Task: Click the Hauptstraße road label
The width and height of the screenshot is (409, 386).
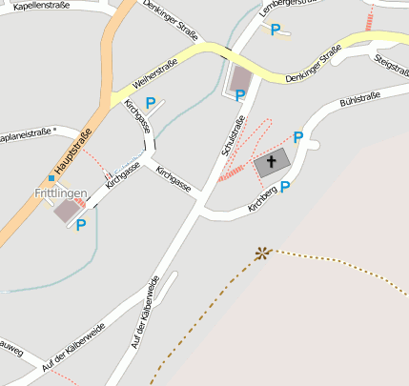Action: pyautogui.click(x=72, y=151)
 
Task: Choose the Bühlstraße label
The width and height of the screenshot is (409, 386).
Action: pyautogui.click(x=360, y=99)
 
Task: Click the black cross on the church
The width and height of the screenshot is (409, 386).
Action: pyautogui.click(x=271, y=162)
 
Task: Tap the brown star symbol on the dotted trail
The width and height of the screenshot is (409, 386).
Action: pyautogui.click(x=261, y=253)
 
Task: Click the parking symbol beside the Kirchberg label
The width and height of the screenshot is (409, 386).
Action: pyautogui.click(x=285, y=188)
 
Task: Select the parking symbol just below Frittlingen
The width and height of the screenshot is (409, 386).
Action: pyautogui.click(x=81, y=225)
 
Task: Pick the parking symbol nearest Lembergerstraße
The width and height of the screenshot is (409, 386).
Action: pyautogui.click(x=276, y=30)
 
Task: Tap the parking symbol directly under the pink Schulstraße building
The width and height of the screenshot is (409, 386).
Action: pyautogui.click(x=240, y=95)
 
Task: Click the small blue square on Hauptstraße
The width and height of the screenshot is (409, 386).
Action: pyautogui.click(x=51, y=177)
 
